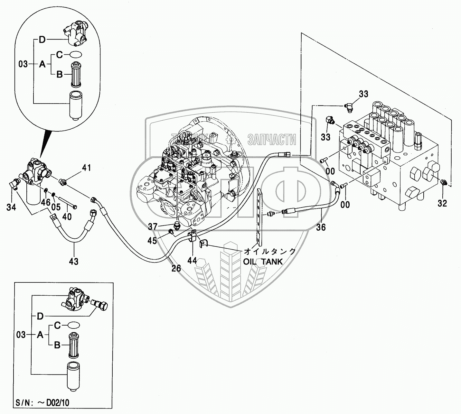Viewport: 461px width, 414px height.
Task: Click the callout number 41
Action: pos(86,168)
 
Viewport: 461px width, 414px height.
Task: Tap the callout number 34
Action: pos(11,207)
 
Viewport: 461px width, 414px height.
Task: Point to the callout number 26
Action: pos(176,268)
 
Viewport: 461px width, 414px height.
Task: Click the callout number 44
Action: pos(192,260)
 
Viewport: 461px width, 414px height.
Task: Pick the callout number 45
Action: pos(152,240)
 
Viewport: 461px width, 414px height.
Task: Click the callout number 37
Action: pos(153,227)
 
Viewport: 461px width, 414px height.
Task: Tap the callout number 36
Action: pos(321,227)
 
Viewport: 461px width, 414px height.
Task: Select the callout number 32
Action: pos(443,203)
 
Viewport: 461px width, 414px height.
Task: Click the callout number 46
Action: pos(46,202)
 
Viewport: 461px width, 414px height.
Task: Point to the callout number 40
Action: pos(67,217)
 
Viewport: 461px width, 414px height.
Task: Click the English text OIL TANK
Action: pos(263,262)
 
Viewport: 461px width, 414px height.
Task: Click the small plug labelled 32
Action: pos(443,183)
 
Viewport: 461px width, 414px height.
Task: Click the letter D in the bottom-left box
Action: pos(40,316)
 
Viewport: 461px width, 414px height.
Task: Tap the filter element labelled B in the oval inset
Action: pos(77,75)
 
